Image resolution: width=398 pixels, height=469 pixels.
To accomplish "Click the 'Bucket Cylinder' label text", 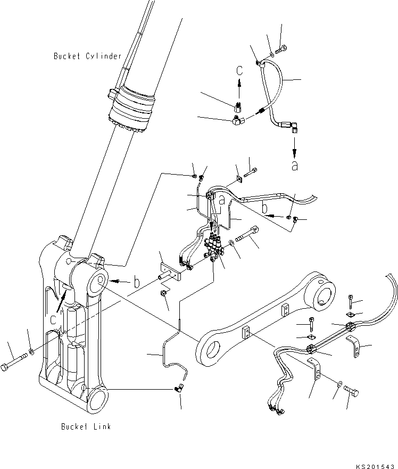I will click(88, 56).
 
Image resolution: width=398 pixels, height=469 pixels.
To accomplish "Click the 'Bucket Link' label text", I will click(86, 426).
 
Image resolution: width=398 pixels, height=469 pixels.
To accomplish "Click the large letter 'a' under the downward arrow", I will click(294, 165).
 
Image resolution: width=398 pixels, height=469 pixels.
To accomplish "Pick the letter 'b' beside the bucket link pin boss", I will click(137, 283).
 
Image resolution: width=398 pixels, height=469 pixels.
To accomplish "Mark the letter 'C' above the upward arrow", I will click(239, 69).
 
